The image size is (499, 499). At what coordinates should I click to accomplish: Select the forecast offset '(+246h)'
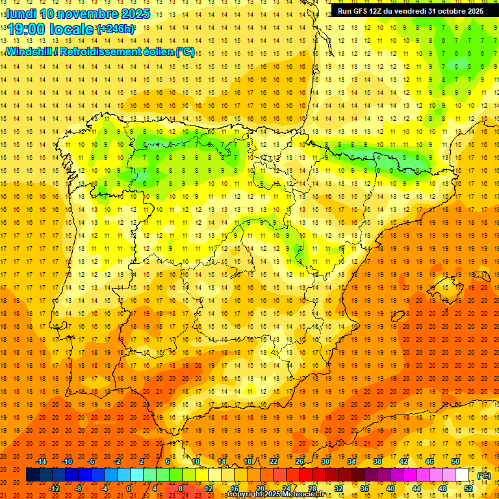[x=116, y=29]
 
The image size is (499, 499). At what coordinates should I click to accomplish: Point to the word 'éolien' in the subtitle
[x=157, y=51]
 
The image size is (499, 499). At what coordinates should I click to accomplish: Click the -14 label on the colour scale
[x=42, y=461]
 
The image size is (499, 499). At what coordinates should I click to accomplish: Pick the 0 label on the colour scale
[x=129, y=489]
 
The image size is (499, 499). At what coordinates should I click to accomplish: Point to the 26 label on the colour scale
[x=300, y=461]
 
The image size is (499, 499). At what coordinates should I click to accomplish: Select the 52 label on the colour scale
[x=468, y=489]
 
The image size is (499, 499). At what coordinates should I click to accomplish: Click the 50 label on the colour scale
[x=455, y=461]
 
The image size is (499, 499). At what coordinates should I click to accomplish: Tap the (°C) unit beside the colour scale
[x=484, y=475]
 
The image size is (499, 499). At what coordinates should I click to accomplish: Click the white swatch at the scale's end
[x=462, y=475]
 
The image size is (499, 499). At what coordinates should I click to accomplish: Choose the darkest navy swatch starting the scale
[x=32, y=475]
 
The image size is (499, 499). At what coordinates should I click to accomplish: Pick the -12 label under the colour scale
[x=55, y=489]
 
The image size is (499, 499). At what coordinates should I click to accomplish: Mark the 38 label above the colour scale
[x=377, y=461]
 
